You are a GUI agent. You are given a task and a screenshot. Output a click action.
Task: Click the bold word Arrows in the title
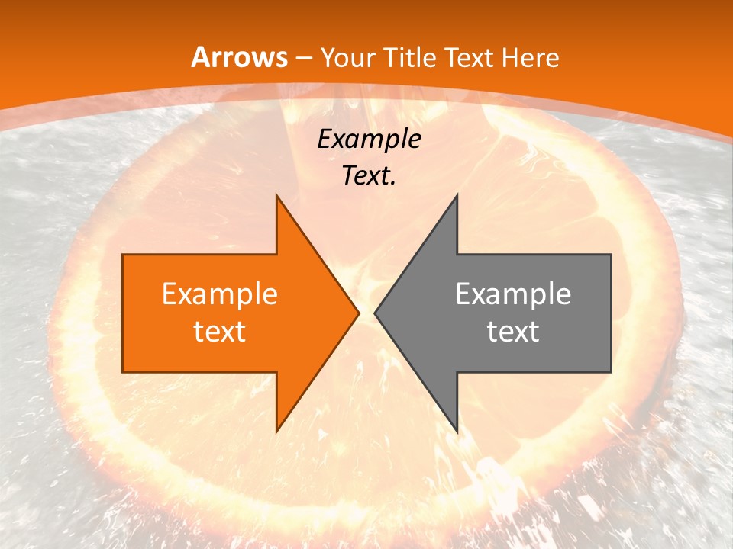239,57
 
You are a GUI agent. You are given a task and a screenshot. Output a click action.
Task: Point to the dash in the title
304,58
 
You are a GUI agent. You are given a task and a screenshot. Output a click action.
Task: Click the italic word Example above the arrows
369,140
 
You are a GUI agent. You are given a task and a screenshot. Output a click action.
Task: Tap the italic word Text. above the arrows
369,176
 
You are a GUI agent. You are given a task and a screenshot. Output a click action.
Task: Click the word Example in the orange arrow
220,294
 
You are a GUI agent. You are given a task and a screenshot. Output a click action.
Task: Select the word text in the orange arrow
220,332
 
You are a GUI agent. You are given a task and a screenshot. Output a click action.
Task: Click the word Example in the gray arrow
513,294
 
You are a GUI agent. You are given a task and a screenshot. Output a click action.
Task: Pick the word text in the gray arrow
513,332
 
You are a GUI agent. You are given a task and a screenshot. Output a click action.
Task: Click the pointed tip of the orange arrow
357,313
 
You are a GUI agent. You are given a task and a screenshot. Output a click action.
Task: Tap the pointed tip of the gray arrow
376,313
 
